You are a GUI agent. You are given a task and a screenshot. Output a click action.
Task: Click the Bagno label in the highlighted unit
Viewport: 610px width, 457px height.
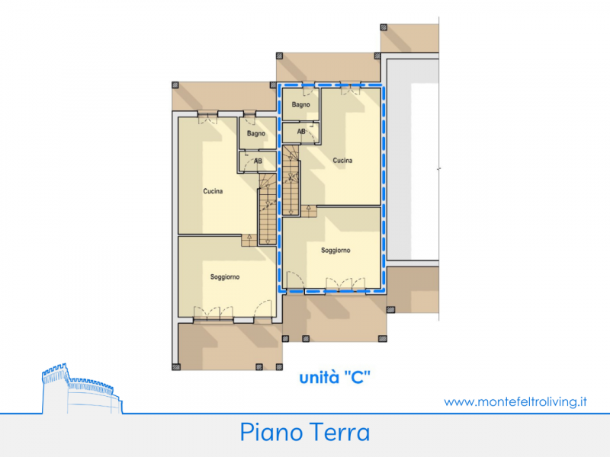coord(300,104)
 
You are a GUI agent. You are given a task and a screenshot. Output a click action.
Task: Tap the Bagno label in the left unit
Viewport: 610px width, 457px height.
coord(256,133)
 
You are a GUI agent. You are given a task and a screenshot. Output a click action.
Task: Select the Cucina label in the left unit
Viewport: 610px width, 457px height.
coord(213,191)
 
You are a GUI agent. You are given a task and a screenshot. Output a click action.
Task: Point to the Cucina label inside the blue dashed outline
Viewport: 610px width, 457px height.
coord(342,161)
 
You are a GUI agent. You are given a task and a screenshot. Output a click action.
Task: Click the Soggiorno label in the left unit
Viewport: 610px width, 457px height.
coord(225,277)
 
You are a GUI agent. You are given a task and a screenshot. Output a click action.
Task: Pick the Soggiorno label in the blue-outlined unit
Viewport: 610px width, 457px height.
coord(335,251)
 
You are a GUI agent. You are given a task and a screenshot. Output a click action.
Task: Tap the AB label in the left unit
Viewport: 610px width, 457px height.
coord(258,161)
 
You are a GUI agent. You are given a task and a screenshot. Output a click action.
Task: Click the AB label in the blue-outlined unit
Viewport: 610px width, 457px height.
coord(301,132)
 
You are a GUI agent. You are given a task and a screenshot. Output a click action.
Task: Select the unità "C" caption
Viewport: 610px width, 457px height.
coord(335,377)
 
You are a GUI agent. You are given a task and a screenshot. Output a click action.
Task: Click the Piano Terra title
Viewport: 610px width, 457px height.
coord(305,432)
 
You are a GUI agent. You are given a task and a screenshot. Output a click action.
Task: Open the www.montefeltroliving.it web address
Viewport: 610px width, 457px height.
coord(515,401)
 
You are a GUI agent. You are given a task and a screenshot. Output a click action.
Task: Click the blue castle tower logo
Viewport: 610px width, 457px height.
coord(82,388)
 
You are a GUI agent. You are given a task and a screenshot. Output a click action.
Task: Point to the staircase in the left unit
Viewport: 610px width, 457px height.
coord(268,209)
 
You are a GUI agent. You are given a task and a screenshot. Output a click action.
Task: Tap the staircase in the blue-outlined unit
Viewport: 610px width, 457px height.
coord(291,181)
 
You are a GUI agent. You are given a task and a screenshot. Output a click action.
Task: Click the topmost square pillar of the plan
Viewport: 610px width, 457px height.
coord(384,27)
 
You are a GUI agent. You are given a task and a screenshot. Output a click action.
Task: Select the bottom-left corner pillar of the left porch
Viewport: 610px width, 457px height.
coord(176,367)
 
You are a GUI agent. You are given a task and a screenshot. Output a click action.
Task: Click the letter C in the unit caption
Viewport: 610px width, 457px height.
coord(357,377)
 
